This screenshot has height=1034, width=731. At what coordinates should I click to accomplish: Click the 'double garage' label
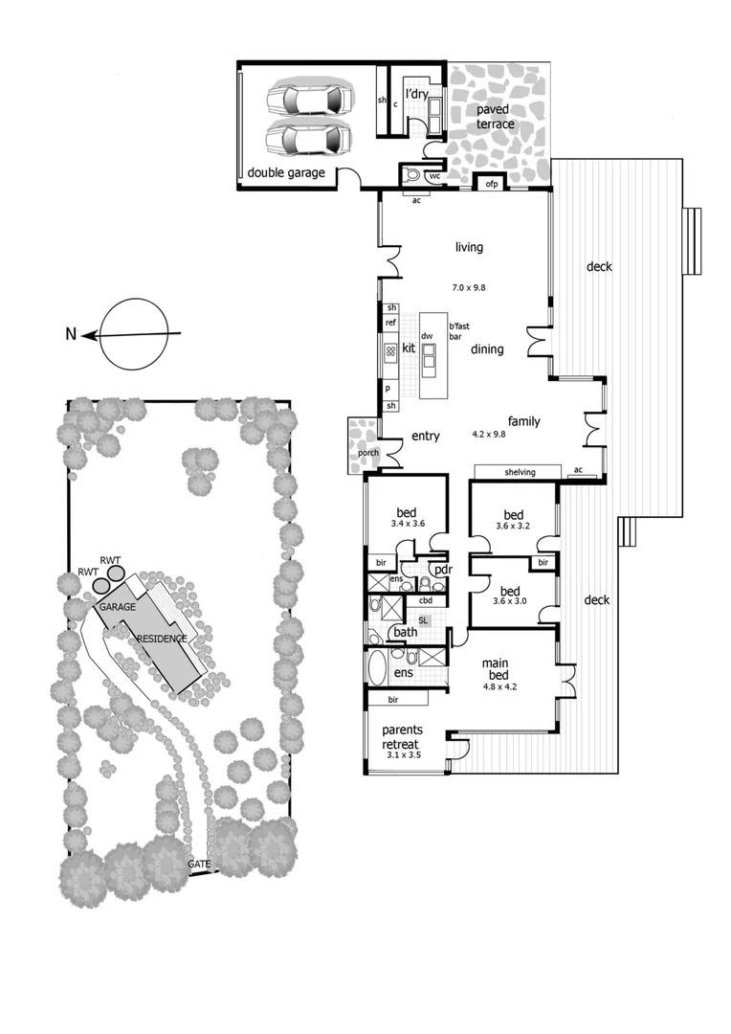286,173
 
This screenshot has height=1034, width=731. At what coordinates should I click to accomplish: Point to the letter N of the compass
71,334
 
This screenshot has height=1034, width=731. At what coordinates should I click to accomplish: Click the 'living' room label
469,248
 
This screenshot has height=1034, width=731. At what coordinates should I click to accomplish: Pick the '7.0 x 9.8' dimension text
469,287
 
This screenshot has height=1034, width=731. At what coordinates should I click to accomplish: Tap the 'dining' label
487,349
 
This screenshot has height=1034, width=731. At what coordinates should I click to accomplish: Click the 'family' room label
523,420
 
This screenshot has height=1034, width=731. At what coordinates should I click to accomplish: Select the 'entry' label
425,437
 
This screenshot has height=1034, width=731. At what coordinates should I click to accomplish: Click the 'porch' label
367,453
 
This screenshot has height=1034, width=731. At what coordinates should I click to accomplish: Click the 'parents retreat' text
401,738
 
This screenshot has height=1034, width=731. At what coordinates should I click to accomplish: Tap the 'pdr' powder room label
442,570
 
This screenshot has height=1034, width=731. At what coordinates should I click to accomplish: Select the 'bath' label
405,632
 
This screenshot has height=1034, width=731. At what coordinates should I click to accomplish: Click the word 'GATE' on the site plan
199,864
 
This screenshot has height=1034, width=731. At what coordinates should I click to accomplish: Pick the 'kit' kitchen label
409,348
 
